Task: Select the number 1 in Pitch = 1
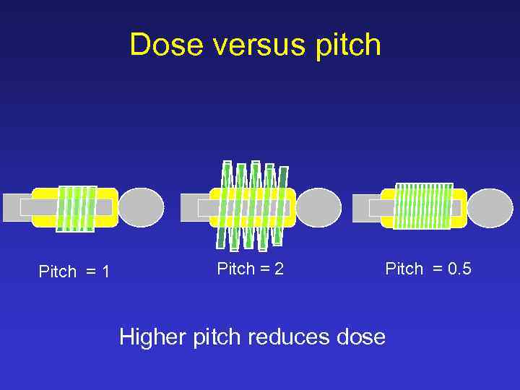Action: click(x=105, y=272)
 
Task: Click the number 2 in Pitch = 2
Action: click(x=279, y=269)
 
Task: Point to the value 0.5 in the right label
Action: click(x=459, y=269)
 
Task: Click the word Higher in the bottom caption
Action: click(x=154, y=337)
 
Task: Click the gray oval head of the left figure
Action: click(x=142, y=207)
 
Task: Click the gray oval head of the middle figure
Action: click(x=318, y=207)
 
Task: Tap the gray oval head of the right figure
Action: click(x=490, y=208)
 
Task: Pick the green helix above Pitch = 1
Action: click(x=77, y=209)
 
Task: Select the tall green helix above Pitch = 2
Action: click(x=253, y=206)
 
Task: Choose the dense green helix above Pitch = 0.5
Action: click(x=424, y=206)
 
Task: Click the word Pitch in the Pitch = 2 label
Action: click(x=235, y=269)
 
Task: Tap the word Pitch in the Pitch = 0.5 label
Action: click(x=404, y=269)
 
